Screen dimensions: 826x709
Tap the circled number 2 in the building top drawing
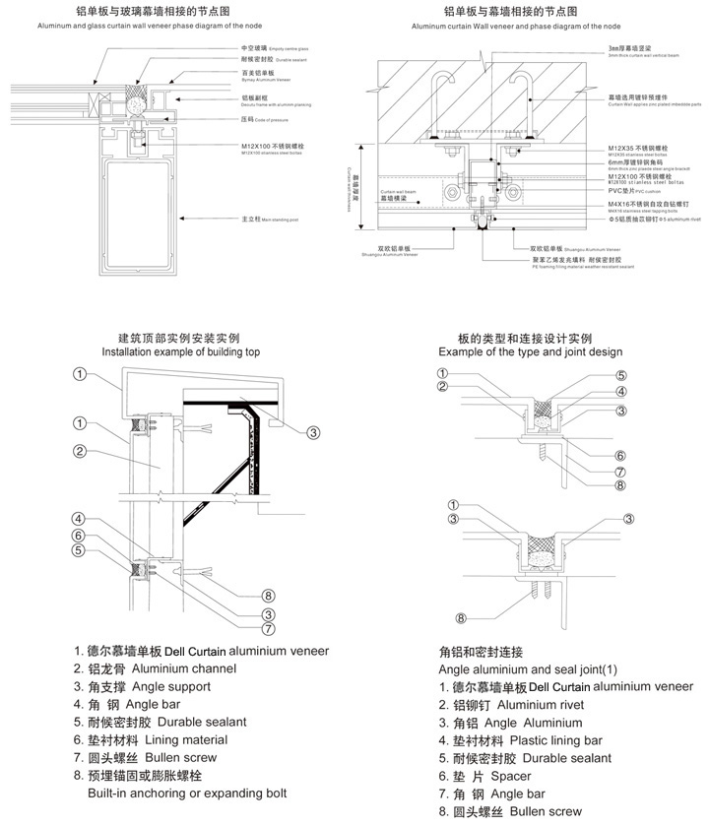pos(82,452)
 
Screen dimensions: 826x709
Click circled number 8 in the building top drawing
pos(268,594)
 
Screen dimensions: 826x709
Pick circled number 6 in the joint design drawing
pos(620,455)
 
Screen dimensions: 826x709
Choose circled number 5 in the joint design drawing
pos(621,375)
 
